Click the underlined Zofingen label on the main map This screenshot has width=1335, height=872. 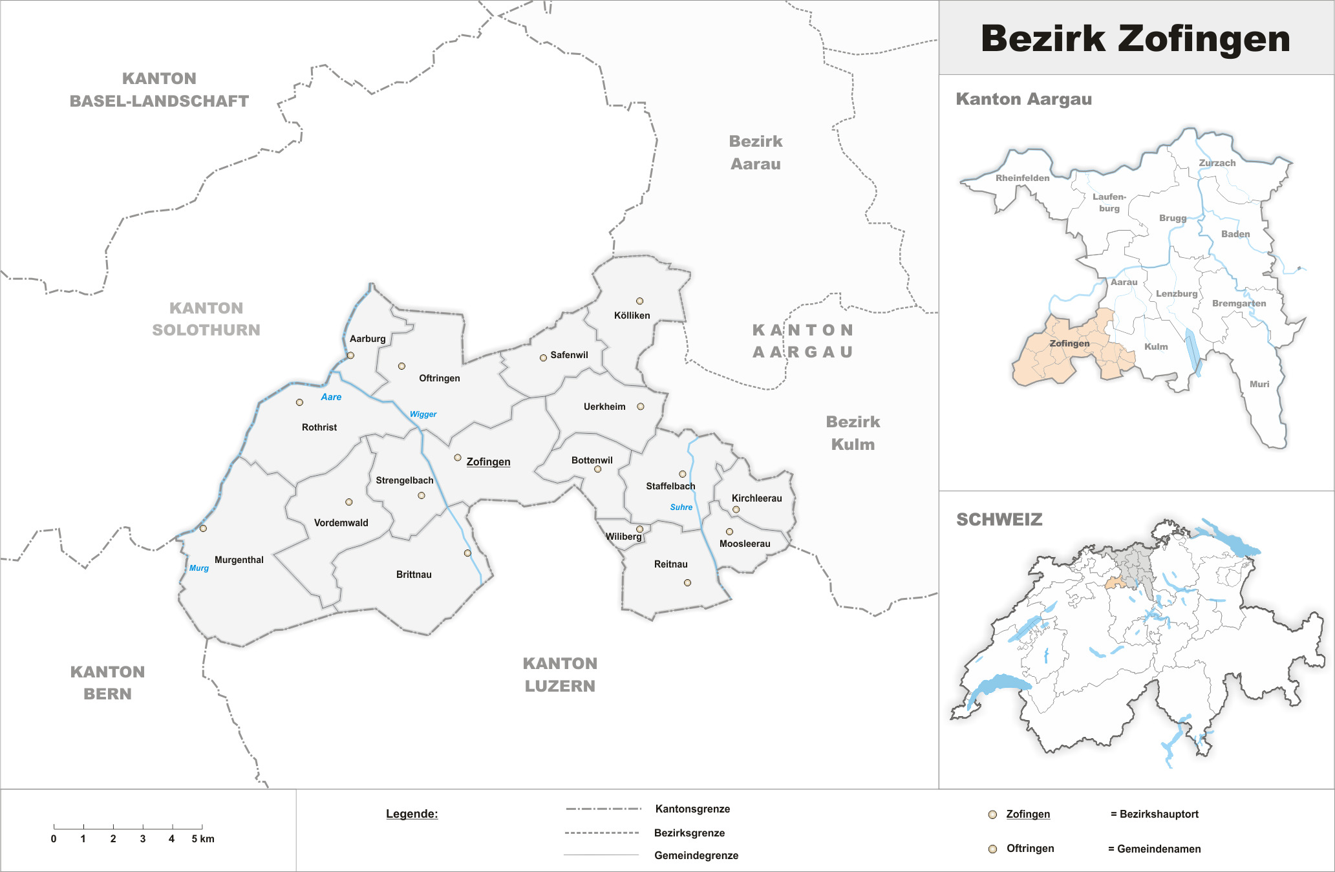coord(488,462)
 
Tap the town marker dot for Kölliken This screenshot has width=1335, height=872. coord(639,301)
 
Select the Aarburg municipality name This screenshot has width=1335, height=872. coord(367,339)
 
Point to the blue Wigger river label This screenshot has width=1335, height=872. coord(423,414)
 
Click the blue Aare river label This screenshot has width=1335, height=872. coord(331,397)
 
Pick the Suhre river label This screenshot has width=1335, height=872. coord(681,507)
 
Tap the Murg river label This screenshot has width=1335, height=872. coord(198,568)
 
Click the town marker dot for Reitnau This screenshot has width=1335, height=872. coord(687,583)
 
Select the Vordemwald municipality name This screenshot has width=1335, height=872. coord(341,523)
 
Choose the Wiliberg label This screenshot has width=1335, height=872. coord(623,537)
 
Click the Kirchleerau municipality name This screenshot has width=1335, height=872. coord(756,498)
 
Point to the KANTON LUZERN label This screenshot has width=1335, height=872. coord(560,675)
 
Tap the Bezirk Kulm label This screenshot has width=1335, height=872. coord(853,433)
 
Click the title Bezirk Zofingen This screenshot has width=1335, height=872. coord(1135,39)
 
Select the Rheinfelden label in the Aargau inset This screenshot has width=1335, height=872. coord(1022,178)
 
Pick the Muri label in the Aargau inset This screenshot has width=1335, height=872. coord(1259,384)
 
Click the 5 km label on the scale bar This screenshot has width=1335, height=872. coord(202,839)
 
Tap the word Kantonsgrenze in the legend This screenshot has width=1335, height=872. coord(692,809)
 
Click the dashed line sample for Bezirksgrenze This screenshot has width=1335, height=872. coord(601,833)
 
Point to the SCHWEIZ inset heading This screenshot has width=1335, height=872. coord(999,520)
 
